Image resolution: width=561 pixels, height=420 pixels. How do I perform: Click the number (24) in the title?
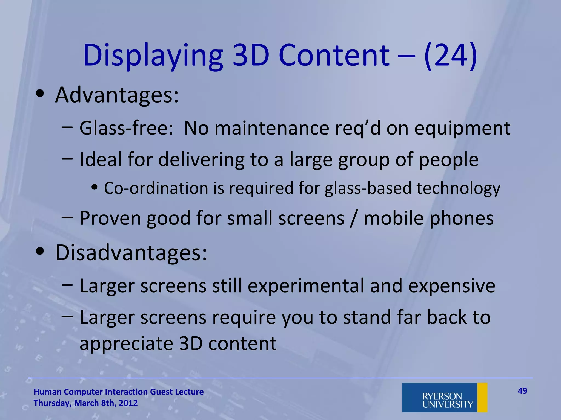(x=451, y=56)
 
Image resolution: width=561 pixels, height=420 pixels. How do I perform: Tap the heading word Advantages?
(x=117, y=95)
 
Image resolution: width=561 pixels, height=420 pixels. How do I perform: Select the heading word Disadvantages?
(x=131, y=253)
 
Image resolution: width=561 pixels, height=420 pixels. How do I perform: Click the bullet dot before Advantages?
(x=40, y=94)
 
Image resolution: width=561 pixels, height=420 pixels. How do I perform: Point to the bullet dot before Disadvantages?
(x=40, y=251)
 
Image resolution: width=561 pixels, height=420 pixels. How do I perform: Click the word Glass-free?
(x=126, y=128)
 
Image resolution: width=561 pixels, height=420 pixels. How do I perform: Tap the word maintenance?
(x=271, y=128)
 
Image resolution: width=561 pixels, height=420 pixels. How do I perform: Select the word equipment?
(x=462, y=128)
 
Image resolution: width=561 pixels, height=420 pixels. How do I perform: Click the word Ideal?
(x=101, y=159)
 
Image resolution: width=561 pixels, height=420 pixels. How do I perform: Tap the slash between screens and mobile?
(x=354, y=218)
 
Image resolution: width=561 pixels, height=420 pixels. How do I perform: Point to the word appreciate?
(x=126, y=343)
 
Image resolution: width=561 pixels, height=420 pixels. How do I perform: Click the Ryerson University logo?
(x=444, y=397)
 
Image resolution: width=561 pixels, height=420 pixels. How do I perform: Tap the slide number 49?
(x=522, y=391)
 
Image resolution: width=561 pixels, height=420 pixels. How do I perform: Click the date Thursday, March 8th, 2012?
(x=85, y=403)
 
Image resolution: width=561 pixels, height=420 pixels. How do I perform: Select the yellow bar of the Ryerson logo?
(x=482, y=397)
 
